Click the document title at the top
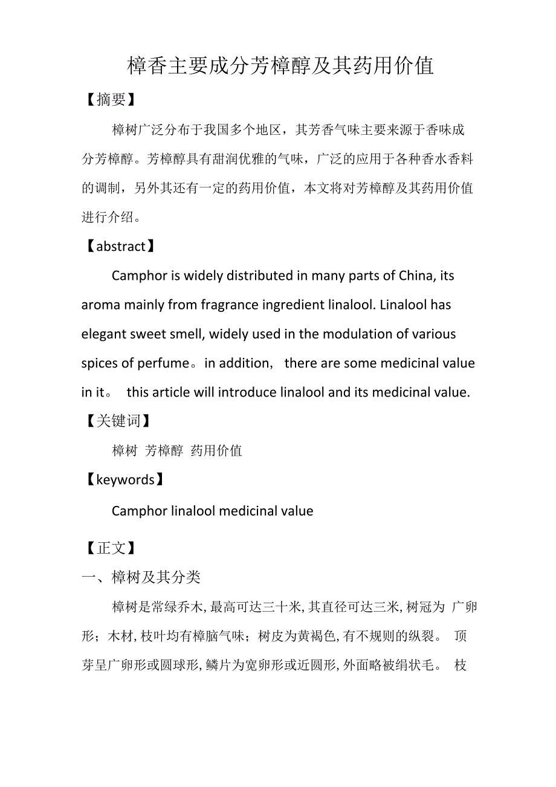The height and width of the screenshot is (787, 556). click(x=280, y=66)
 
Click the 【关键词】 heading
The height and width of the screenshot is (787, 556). click(x=117, y=421)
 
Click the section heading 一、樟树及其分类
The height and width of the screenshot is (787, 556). click(x=141, y=578)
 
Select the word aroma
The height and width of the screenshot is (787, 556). click(x=101, y=305)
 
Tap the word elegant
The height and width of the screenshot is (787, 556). click(x=103, y=334)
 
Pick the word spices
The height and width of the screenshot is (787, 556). click(x=100, y=363)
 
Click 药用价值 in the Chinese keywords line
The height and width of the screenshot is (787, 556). click(x=216, y=451)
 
